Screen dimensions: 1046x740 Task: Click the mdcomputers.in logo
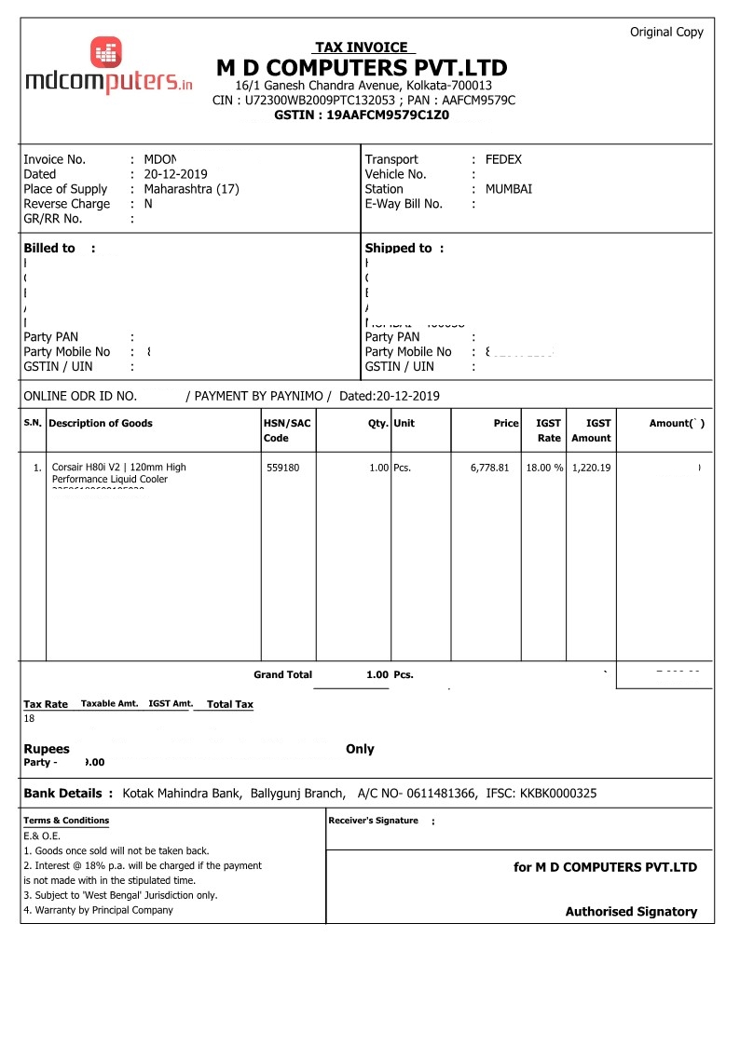(108, 67)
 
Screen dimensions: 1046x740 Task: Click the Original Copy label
(666, 32)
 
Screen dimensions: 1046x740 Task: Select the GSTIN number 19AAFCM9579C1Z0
(362, 115)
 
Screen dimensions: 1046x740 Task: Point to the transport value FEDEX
(503, 159)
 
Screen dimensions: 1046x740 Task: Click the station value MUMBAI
(508, 189)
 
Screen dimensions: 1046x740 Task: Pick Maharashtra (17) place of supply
(191, 189)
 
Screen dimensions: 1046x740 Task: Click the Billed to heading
(49, 249)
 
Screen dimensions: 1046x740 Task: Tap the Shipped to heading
(399, 249)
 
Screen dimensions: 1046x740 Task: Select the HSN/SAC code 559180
(283, 468)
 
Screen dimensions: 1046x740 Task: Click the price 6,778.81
(489, 468)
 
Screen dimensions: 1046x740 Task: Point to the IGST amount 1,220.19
(591, 468)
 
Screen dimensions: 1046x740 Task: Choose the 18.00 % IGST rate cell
(544, 468)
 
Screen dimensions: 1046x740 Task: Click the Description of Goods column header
(101, 424)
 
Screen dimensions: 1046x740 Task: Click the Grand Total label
(282, 674)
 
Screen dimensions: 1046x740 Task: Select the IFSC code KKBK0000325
(559, 794)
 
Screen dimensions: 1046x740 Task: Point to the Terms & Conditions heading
(66, 821)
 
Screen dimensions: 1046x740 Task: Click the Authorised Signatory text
(631, 912)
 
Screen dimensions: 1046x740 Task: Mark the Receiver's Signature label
(373, 821)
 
